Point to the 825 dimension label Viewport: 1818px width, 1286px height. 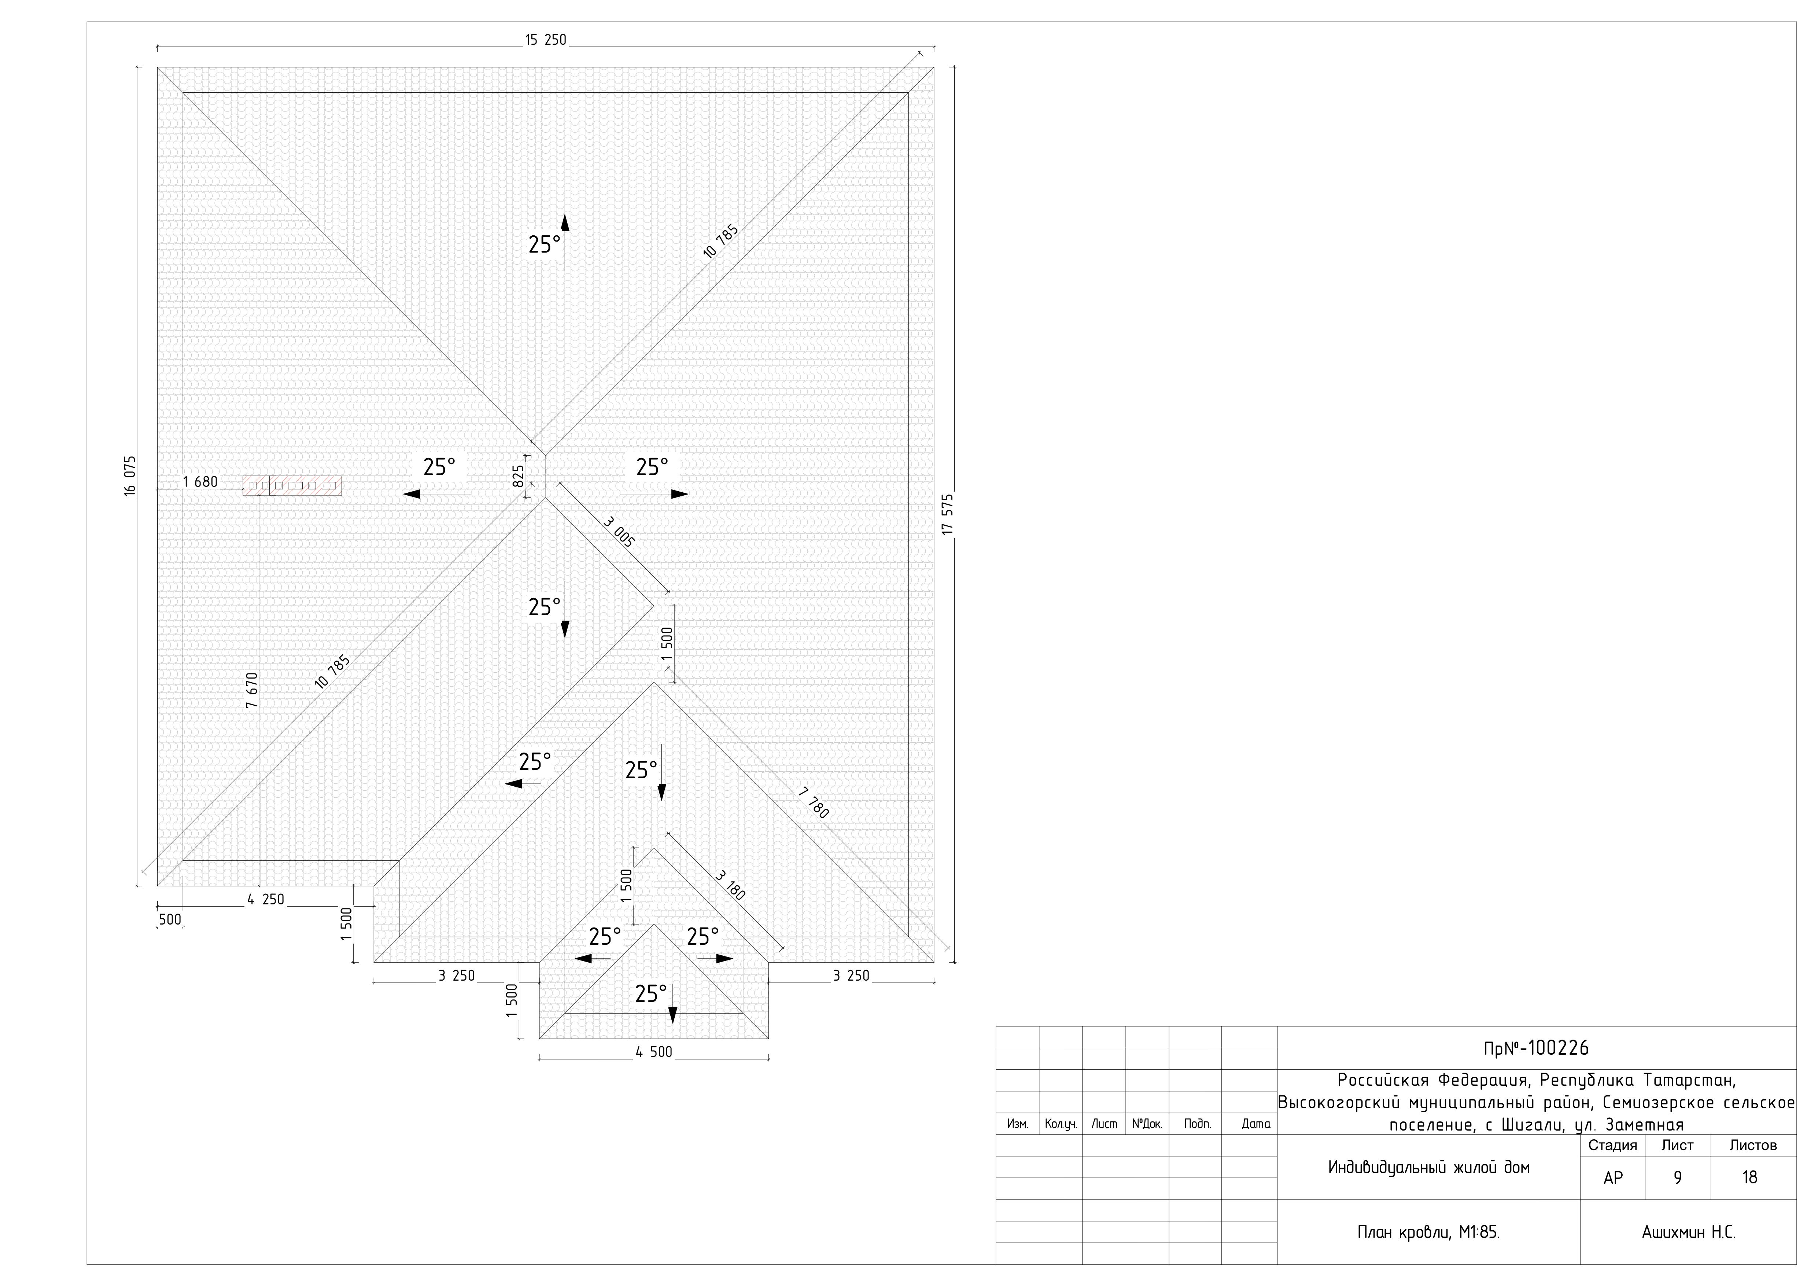point(519,475)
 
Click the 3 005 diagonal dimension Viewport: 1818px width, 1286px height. point(619,532)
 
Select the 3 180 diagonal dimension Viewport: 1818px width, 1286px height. point(730,885)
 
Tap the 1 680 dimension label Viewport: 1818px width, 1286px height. point(199,481)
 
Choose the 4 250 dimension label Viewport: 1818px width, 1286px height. point(265,900)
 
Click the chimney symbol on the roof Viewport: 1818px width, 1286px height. point(292,485)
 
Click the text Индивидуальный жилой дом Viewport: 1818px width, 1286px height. point(1428,1167)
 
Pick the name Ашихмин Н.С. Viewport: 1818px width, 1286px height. point(1688,1232)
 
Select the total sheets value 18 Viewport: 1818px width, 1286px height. point(1750,1177)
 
